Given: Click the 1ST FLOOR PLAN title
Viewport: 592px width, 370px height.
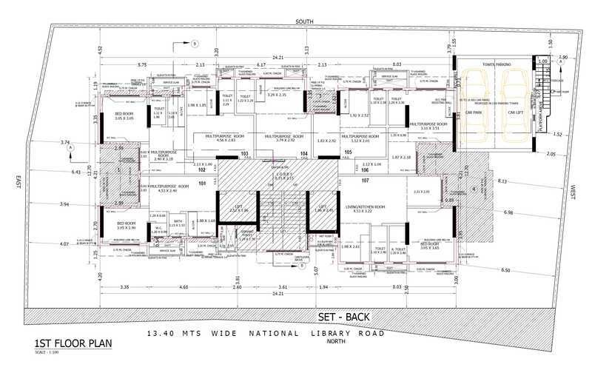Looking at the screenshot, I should (x=65, y=345).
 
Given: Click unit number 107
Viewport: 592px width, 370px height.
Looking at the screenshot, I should (x=364, y=181).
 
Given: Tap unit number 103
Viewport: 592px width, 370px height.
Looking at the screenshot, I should (x=245, y=154).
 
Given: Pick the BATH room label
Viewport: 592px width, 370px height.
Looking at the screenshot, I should (x=178, y=221).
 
